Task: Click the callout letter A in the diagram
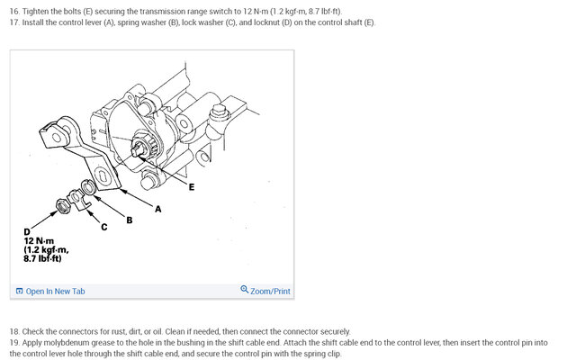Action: (159, 209)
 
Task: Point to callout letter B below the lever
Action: (129, 219)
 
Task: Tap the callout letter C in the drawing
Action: (103, 226)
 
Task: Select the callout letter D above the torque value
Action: (27, 232)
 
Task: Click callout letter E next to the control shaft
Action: (191, 186)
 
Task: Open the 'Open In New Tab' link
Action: (55, 291)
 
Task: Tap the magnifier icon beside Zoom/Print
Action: (244, 290)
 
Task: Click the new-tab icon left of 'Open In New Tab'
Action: (20, 291)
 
